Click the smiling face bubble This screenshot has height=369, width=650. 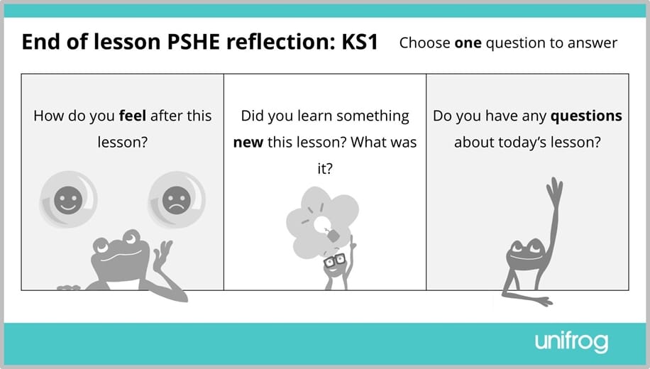point(68,199)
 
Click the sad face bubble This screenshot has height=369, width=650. point(176,199)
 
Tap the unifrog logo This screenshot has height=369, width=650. point(571,343)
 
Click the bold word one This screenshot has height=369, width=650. point(468,43)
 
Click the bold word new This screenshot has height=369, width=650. point(248,142)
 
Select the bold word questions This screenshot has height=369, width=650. point(586,116)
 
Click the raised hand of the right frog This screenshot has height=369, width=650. point(554,191)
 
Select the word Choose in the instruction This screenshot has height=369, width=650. point(424,43)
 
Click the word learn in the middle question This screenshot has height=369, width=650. point(308,116)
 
